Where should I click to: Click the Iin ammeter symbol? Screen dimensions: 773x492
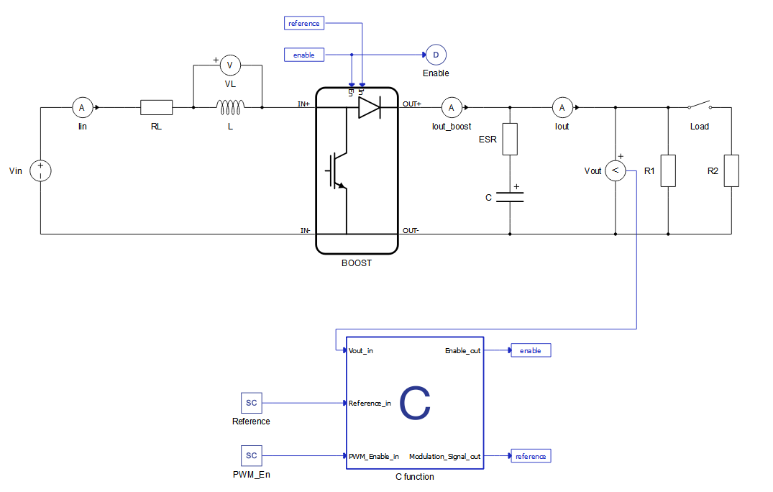[82, 107]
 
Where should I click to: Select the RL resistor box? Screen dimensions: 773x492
[156, 107]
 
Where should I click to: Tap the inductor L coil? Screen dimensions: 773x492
[230, 107]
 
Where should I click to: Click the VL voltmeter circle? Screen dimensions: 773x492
[230, 65]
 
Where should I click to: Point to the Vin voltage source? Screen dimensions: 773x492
[40, 170]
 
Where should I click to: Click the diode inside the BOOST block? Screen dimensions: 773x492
[370, 107]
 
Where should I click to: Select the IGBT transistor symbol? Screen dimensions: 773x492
[337, 171]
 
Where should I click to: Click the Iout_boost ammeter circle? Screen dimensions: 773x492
[452, 107]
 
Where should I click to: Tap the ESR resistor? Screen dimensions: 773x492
[510, 139]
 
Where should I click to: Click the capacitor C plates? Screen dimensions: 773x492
[510, 197]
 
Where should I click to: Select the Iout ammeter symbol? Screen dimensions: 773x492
[562, 107]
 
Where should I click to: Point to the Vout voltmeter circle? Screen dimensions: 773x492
[616, 170]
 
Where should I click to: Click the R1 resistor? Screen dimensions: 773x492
[668, 170]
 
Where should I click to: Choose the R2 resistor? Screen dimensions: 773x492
[731, 170]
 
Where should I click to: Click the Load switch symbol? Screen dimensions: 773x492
[700, 105]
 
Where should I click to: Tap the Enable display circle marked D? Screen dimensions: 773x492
[436, 55]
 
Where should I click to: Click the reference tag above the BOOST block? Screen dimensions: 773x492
[304, 23]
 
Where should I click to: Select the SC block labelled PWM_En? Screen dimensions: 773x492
[252, 455]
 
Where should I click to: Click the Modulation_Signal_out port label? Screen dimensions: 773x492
[444, 457]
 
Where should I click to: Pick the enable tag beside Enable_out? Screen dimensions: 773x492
[531, 350]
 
